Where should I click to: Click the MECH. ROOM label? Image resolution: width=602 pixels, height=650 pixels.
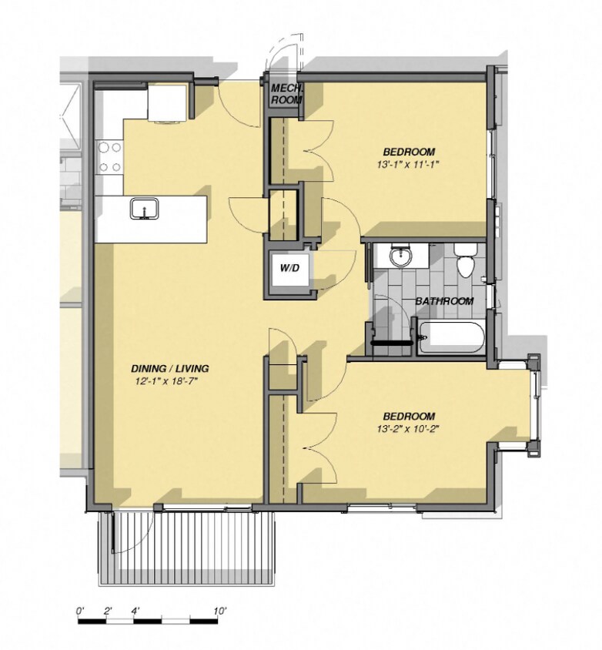coord(286,94)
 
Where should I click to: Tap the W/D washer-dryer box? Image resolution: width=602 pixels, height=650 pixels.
coord(289,269)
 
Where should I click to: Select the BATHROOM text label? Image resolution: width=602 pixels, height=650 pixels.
coord(444,301)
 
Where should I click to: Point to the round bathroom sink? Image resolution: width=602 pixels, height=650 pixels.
coord(400,256)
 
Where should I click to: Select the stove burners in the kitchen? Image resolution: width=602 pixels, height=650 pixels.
coord(109,156)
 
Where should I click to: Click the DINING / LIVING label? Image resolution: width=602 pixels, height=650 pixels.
coord(170,368)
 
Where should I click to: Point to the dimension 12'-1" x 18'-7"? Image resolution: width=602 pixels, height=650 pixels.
coord(170,381)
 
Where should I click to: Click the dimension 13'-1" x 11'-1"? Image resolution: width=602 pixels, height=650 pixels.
coord(407,164)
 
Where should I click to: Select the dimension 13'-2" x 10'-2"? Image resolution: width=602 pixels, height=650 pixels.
coord(408,428)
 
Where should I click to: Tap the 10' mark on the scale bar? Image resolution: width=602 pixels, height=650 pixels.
coord(220,611)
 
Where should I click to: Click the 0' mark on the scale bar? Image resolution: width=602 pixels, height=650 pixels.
coord(80,611)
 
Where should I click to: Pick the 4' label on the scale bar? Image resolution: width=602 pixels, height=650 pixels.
coord(135,611)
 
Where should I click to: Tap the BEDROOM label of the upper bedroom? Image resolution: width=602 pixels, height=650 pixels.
coord(408,151)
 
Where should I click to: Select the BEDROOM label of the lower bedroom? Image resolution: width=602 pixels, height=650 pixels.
coord(408,415)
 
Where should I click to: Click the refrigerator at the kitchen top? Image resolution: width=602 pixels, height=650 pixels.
coord(166,103)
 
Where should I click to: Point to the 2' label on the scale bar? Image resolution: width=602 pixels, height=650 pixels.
coord(108,611)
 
